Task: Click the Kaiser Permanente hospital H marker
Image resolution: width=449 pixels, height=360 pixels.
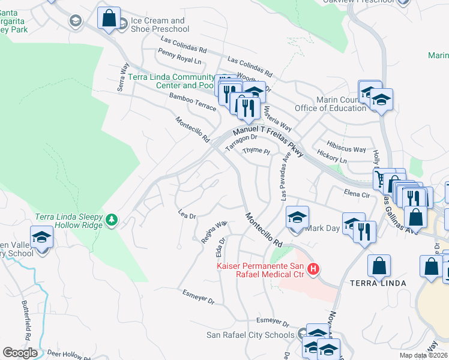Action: click(x=312, y=270)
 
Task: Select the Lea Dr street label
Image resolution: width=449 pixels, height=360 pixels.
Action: click(x=187, y=215)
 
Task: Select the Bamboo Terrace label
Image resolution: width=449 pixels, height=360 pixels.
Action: click(x=192, y=101)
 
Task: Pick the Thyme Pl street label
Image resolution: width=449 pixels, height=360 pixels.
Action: click(x=256, y=151)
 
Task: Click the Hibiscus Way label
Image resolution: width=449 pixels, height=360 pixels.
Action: click(x=346, y=149)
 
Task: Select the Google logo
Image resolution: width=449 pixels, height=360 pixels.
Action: click(x=20, y=352)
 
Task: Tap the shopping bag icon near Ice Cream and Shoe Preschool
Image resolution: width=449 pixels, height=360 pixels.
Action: click(x=109, y=18)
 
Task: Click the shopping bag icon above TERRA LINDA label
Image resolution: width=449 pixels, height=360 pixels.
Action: click(x=379, y=266)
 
